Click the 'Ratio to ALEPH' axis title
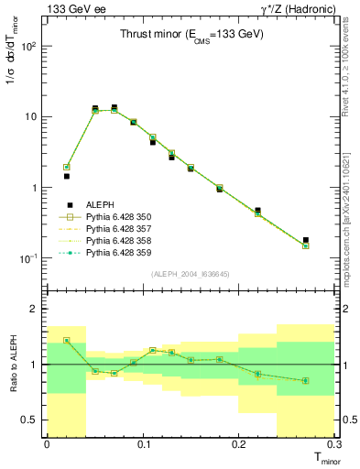(x=15, y=365)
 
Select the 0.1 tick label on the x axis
(x=142, y=443)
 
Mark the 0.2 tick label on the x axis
(x=238, y=443)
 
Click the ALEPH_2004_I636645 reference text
(x=191, y=274)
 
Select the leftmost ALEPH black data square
(x=66, y=176)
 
